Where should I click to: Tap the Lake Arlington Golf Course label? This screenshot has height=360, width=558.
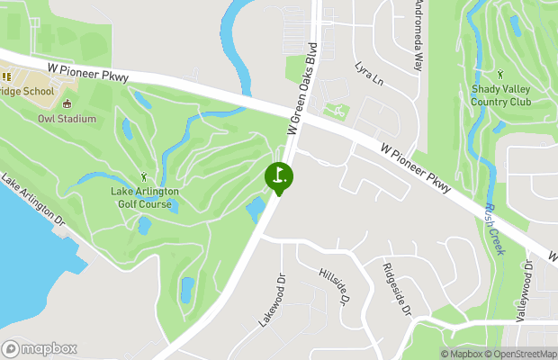145,197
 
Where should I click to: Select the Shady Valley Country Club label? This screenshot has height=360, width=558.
500,95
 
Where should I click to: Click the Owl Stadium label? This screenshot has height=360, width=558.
67,119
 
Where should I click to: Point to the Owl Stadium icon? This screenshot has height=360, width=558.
67,103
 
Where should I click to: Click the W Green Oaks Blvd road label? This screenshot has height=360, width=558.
303,88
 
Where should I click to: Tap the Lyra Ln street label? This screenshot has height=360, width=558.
369,74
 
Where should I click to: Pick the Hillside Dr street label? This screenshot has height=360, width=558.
332,285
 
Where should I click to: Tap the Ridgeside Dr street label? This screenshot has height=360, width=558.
396,289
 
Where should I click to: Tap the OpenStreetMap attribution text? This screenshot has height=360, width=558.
524,354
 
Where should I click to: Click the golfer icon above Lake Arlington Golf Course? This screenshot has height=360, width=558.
144,177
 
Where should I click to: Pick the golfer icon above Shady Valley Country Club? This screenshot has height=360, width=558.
500,75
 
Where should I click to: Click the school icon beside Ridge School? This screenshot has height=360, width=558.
5,77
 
